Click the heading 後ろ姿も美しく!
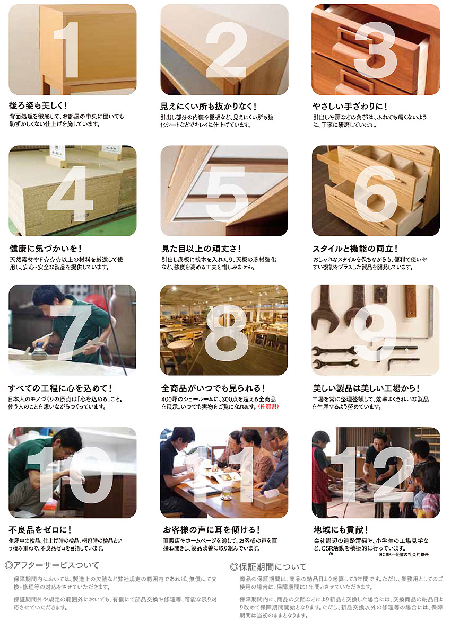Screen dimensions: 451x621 tap(38, 105)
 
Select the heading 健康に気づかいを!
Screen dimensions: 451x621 tap(45, 249)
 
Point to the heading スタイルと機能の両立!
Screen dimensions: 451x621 tap(355, 249)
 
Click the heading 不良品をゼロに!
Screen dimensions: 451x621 tap(40, 529)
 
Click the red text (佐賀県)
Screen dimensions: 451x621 tap(268, 407)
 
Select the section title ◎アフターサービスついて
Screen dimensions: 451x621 tap(52, 565)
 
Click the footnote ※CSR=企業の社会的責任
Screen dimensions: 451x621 tap(403, 554)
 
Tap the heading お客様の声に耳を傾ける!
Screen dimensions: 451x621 tap(211, 529)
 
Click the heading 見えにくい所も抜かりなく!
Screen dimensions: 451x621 tap(209, 106)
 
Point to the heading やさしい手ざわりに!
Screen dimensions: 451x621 tap(350, 106)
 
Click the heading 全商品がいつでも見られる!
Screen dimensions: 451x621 tap(213, 388)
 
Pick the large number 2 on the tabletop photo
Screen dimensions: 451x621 tap(227, 49)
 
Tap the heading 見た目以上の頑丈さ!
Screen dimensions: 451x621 tap(201, 249)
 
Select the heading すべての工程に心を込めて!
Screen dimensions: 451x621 tap(60, 388)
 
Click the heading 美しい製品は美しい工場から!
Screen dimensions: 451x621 tap(366, 388)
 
